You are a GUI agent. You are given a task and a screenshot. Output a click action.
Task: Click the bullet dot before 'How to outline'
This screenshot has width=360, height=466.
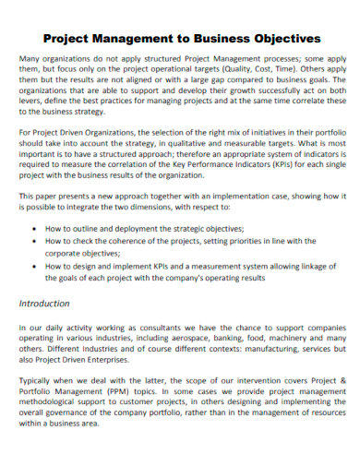35,226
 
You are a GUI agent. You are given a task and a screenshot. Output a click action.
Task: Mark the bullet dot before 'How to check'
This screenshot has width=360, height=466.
35,240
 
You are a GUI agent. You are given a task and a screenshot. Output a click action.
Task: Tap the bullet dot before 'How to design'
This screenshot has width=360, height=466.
35,265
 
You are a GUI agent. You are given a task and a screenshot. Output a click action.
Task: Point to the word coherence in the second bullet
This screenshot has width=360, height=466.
126,240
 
